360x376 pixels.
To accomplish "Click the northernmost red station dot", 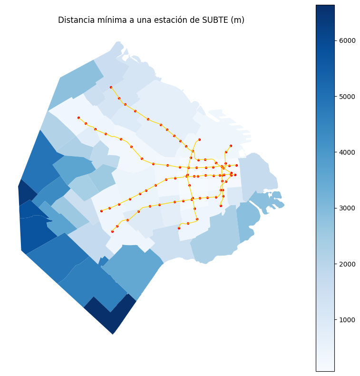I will point(111,87).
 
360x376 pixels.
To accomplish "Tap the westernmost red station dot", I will point(78,118).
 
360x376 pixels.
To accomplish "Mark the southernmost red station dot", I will point(112,231).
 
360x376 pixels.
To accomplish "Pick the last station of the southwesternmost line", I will point(112,231).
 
